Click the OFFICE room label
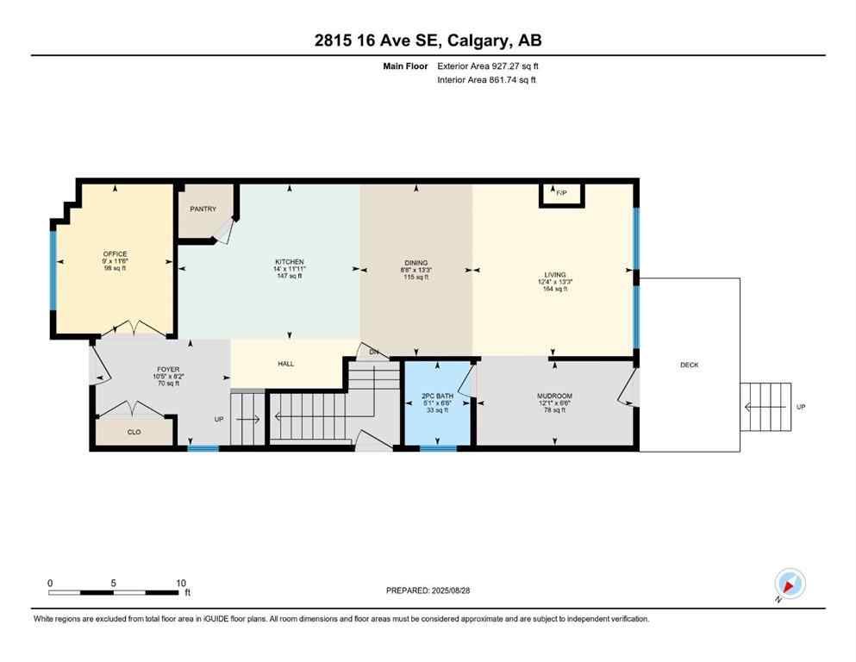[115, 254]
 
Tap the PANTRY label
[203, 209]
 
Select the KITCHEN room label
[289, 262]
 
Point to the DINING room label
[416, 263]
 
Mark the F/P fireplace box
[560, 193]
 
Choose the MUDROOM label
[554, 397]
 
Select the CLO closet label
[134, 432]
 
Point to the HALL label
[286, 364]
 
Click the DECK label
[689, 365]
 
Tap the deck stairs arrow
[765, 407]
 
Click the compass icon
[789, 584]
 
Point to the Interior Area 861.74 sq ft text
[486, 80]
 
